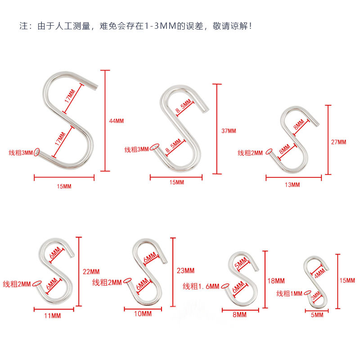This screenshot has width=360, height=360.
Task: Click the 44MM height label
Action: tap(116, 121)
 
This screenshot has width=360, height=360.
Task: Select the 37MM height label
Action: tap(229, 131)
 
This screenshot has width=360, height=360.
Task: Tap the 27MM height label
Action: tap(339, 142)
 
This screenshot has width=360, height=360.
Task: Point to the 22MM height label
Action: tap(91, 271)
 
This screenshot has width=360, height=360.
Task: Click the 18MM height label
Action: tap(276, 281)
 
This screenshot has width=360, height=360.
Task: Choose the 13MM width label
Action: tap(292, 185)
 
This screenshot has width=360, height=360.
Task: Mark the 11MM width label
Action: tap(53, 316)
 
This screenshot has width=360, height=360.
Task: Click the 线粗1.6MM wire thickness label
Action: tap(201, 286)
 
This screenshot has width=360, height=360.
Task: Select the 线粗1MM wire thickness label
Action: tap(289, 294)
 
